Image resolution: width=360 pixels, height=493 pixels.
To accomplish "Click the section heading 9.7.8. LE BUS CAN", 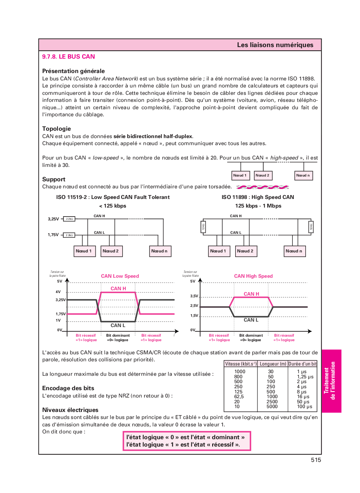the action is (68, 57).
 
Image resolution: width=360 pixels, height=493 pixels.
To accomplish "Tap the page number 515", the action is (316, 460).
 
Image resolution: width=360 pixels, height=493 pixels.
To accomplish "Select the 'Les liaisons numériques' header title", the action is (275, 45).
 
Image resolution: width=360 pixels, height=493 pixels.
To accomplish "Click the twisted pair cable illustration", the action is (262, 187).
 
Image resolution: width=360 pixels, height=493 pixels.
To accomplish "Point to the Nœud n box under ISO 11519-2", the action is (160, 251).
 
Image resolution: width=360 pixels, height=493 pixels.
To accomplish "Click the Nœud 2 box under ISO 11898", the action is (246, 251).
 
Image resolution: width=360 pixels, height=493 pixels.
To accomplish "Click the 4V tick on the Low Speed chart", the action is (58, 292).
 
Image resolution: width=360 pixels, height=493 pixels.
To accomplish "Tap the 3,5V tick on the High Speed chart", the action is (194, 296).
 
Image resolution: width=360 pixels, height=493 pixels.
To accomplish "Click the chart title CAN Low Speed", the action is (120, 276).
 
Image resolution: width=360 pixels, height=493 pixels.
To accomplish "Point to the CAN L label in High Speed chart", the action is (251, 320).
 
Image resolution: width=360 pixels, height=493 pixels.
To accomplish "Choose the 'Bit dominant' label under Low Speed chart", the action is (118, 335).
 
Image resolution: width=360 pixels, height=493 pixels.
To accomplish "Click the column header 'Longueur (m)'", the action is (273, 364).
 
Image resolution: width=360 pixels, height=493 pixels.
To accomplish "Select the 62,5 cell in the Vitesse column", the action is (239, 396).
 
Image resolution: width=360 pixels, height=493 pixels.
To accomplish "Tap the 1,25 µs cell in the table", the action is (305, 377).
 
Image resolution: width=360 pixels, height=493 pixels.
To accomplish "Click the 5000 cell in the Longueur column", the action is (272, 406).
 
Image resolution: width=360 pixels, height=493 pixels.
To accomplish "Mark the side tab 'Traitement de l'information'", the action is (331, 381).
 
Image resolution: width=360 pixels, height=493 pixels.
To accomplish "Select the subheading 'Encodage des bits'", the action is (68, 388).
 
